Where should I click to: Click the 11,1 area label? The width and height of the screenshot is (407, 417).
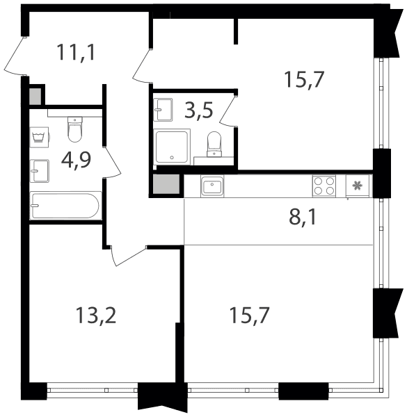coord(76,52)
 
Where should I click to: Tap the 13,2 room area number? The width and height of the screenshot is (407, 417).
coord(96,315)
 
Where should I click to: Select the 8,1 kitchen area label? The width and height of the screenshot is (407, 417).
coord(303,218)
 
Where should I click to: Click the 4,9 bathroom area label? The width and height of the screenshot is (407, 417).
coord(76,160)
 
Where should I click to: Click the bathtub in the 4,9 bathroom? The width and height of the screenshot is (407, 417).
coord(65,206)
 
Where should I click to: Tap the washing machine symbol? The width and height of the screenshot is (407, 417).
coord(40,137)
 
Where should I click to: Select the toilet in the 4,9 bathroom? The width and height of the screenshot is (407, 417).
coord(75,129)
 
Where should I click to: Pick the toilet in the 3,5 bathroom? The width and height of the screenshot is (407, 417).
coord(214,144)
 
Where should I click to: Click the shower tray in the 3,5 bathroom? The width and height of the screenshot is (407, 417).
coord(172,147)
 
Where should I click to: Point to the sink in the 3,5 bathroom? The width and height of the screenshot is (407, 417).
coord(163,110)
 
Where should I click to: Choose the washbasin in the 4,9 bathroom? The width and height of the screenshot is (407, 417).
coord(40,171)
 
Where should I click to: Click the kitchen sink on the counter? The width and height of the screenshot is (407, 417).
coord(212,186)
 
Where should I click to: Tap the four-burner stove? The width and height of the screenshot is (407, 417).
coord(324,186)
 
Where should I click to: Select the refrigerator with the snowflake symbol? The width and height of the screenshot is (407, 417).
coord(357,186)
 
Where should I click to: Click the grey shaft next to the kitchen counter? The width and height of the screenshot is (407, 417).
coord(166,184)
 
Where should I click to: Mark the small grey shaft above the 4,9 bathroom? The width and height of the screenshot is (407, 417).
coord(35,97)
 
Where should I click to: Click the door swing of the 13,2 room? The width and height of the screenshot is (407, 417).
coord(127,256)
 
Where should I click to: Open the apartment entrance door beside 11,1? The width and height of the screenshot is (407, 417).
coord(15,57)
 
